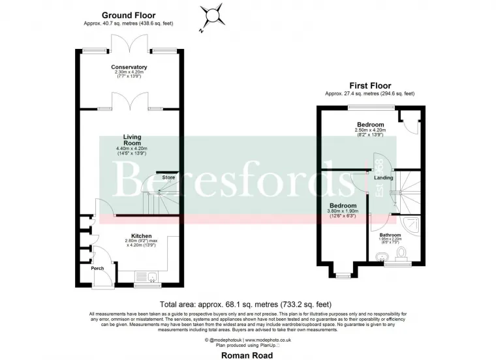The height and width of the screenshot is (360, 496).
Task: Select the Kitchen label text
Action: point(142,236)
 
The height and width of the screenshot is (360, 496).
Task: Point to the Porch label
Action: point(97,268)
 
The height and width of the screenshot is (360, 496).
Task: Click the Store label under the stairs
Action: point(169,177)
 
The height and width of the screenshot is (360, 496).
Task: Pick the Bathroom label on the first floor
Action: point(390,235)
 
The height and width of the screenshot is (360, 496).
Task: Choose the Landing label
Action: point(384,177)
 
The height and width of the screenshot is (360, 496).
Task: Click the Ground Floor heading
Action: point(128,15)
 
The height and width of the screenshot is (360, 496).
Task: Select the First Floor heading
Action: point(369,85)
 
